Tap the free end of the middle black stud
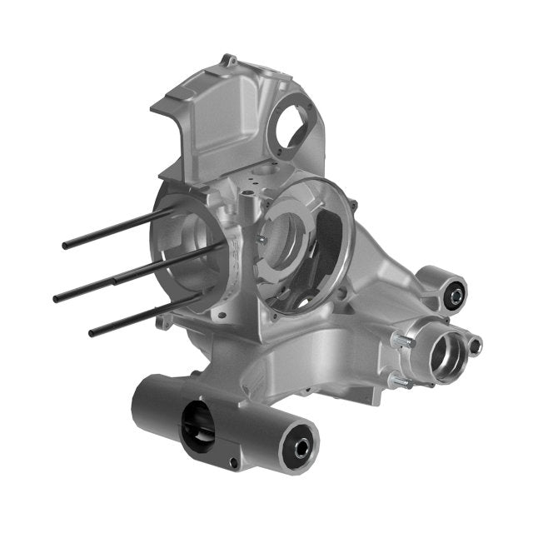57,297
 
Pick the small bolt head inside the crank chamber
261,239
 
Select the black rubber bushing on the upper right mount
455,291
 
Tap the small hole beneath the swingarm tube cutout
234,461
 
